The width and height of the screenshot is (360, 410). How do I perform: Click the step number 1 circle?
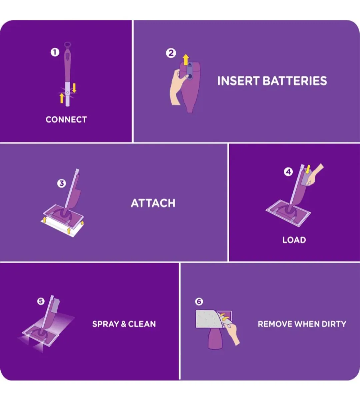[x=55, y=52]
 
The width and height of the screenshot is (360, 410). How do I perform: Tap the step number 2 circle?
[x=171, y=53]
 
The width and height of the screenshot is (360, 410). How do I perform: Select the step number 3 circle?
[x=62, y=183]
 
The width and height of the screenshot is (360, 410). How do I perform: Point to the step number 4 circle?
[x=288, y=172]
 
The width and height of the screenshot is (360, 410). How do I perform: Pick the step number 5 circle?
[x=41, y=301]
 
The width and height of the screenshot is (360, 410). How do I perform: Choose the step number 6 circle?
[x=199, y=302]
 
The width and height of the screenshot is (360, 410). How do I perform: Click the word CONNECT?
[x=66, y=119]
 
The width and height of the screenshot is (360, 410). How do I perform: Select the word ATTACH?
[x=153, y=203]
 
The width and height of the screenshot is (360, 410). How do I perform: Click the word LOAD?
[x=294, y=240]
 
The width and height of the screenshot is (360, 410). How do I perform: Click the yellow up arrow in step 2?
[x=186, y=60]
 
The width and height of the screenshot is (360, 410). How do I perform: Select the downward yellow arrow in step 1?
[x=74, y=88]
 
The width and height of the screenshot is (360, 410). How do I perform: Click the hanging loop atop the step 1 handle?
[x=68, y=45]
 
